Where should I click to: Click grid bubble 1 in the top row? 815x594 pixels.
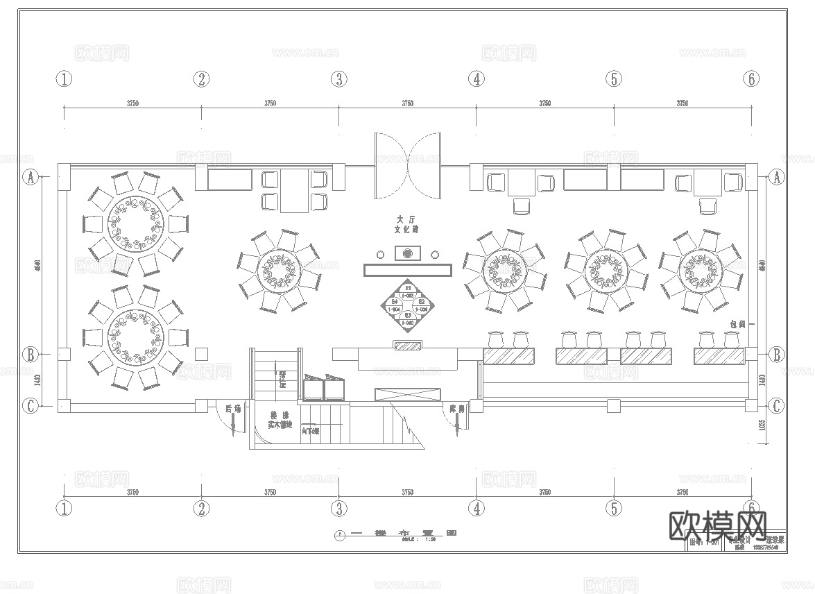click(64, 79)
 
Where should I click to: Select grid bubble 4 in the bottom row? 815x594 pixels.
click(476, 509)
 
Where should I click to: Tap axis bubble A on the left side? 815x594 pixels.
click(30, 178)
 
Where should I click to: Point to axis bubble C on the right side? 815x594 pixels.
click(777, 406)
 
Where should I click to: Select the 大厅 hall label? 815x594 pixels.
click(406, 219)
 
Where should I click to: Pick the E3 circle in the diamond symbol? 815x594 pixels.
click(409, 319)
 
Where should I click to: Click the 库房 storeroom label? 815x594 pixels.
click(456, 409)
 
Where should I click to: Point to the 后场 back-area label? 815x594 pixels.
click(233, 409)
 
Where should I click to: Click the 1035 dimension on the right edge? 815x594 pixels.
click(762, 425)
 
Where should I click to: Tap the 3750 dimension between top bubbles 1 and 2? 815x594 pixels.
click(132, 103)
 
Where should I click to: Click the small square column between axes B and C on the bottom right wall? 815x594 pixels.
click(612, 405)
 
